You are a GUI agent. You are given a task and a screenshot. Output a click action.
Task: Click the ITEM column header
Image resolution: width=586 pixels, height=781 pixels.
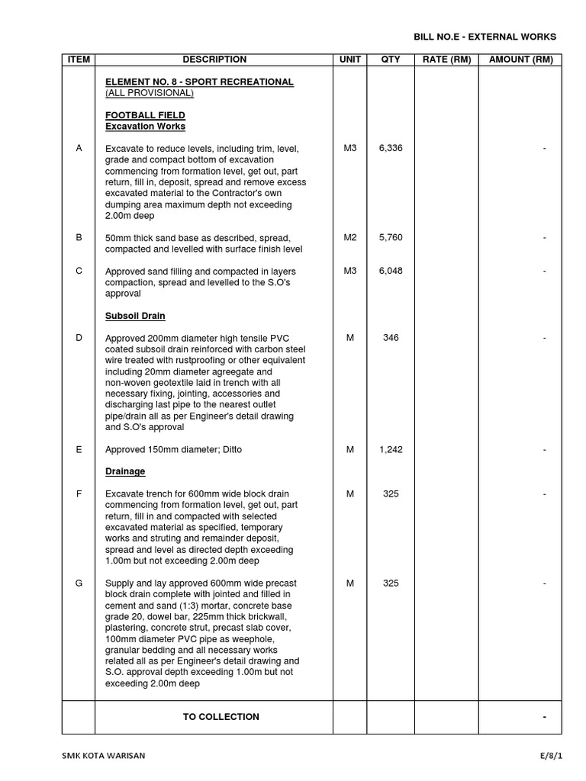tap(79, 59)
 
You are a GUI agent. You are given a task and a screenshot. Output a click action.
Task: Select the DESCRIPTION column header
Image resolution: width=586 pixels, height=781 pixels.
tap(214, 59)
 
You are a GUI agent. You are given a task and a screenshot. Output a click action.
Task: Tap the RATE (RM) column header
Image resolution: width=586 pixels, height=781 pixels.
tap(446, 59)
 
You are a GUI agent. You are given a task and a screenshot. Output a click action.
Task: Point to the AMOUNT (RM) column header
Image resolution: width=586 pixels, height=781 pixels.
tap(520, 59)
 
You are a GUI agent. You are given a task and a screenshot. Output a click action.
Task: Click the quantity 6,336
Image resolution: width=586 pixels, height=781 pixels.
tap(391, 148)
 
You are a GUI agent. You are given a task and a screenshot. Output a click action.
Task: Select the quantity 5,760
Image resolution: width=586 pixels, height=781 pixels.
tap(391, 237)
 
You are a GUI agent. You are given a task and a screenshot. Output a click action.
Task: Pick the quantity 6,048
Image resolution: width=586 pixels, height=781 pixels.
tap(391, 271)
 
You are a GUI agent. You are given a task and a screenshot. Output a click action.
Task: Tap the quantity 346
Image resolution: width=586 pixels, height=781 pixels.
tap(391, 338)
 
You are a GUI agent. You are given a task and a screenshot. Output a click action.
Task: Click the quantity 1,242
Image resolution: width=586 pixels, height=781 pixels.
tap(391, 449)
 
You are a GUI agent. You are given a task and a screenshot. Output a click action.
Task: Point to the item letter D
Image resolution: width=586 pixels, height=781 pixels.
tap(79, 338)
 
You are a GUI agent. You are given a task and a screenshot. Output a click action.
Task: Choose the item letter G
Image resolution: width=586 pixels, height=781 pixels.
tap(79, 583)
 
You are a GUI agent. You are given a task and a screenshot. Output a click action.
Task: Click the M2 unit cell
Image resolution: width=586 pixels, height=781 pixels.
tap(350, 237)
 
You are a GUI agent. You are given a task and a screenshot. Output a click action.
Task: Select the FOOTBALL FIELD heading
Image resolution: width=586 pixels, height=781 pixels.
tap(145, 115)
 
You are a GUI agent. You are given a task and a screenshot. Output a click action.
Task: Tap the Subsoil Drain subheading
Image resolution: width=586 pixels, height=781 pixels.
tap(135, 316)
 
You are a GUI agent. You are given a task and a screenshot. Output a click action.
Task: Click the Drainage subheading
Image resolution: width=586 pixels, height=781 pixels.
tap(125, 471)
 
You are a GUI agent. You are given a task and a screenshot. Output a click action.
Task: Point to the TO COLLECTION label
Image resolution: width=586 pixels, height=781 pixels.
tap(221, 717)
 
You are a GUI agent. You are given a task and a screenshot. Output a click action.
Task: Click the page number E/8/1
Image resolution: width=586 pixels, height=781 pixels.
tap(550, 756)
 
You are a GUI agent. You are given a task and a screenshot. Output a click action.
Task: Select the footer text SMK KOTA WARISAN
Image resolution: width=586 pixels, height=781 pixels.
tap(103, 756)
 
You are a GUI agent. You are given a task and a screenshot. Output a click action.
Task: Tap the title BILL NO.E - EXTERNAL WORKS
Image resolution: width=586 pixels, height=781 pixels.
tap(485, 37)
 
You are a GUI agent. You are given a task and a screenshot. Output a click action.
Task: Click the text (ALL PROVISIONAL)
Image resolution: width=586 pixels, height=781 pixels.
tap(150, 93)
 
